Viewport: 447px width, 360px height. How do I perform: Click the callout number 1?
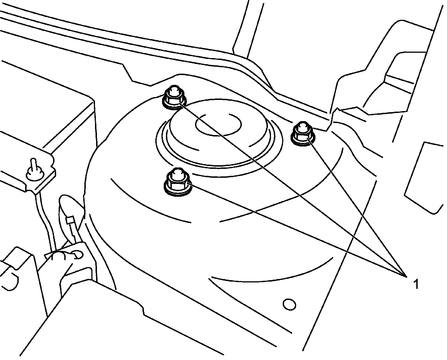click(416, 284)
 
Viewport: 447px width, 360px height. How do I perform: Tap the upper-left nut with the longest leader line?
click(174, 97)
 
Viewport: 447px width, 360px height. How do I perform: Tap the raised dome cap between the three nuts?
click(218, 134)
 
